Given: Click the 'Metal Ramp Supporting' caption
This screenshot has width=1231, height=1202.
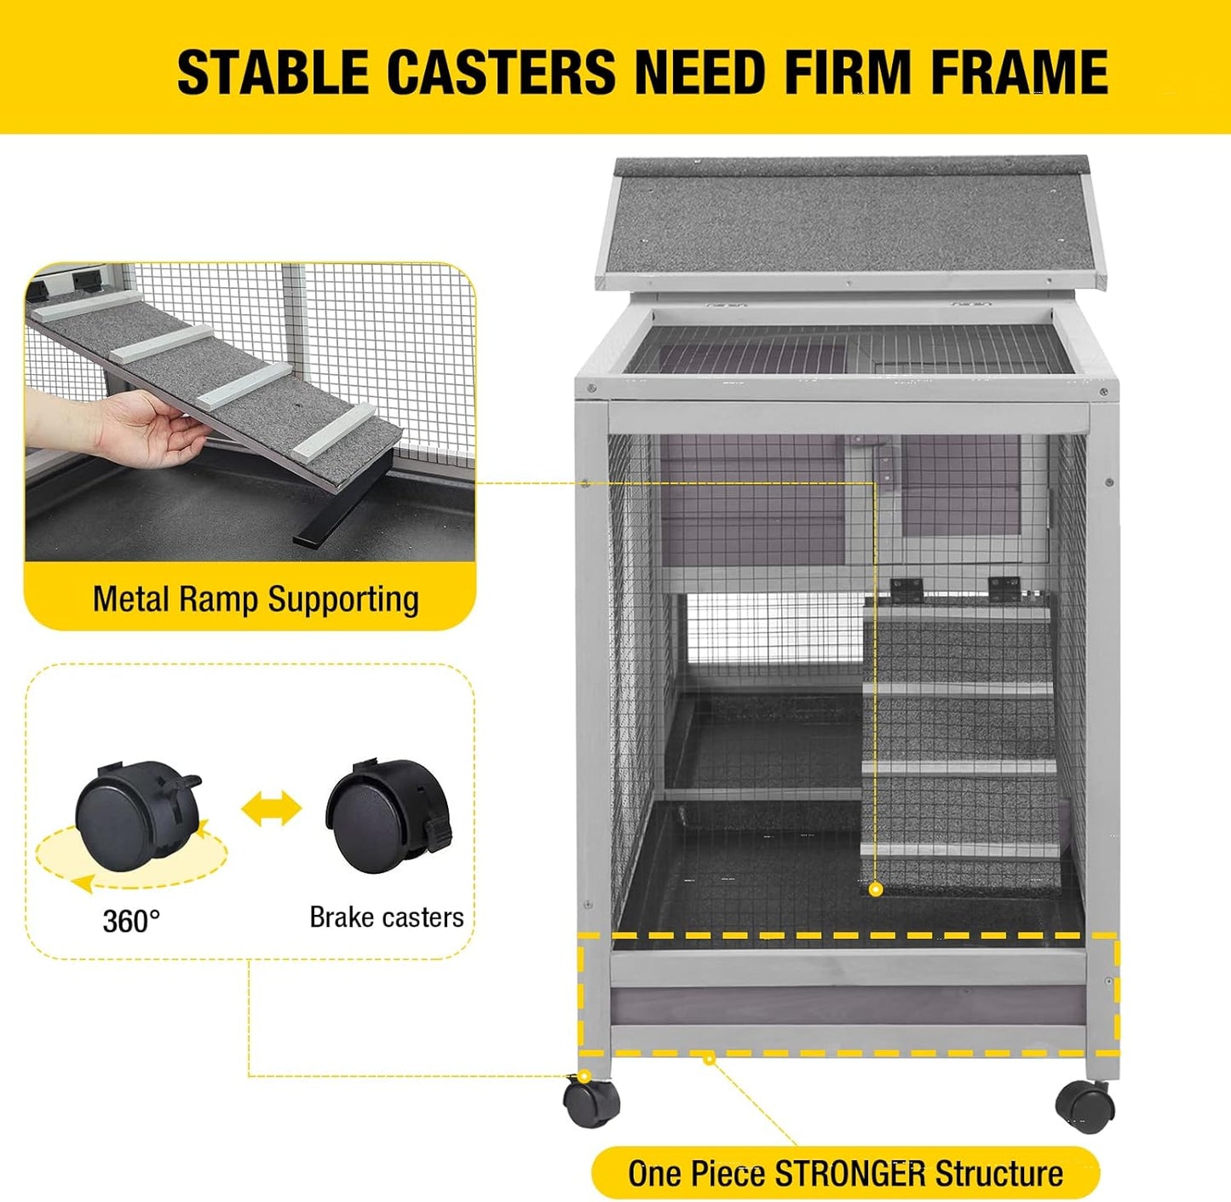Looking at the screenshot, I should tap(256, 600).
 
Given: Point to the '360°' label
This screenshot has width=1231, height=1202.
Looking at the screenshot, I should tap(131, 921).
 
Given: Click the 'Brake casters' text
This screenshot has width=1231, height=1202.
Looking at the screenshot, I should tap(386, 917).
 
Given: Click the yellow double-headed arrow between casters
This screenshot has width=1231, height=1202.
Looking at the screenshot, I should tap(272, 808).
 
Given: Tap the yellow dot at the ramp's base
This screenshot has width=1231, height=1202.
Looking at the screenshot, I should tap(875, 889).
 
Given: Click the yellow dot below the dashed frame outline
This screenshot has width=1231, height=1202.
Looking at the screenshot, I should tap(709, 1059).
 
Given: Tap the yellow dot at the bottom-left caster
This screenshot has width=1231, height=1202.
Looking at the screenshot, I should tap(584, 1077).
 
